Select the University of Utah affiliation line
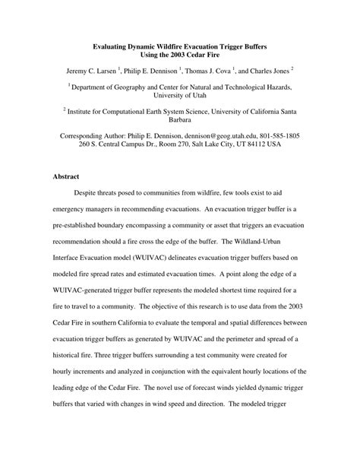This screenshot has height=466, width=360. pos(180,98)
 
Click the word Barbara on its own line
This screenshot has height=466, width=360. pos(180,124)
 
